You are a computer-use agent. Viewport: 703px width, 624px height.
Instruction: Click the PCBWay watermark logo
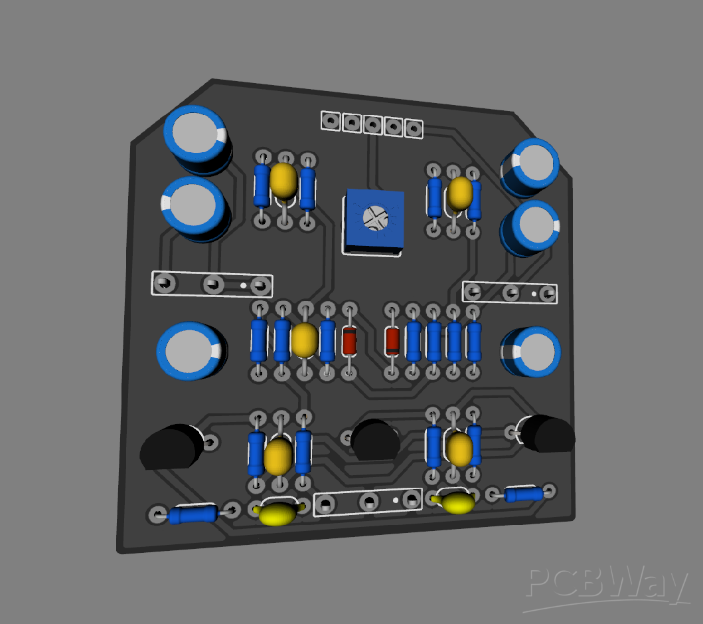(606, 587)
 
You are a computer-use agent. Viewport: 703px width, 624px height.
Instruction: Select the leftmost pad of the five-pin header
(330, 120)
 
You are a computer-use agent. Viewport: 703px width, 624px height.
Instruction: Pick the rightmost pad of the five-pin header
(414, 128)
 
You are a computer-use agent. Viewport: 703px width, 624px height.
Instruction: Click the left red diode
(349, 341)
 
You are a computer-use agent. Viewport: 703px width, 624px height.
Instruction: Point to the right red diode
(392, 341)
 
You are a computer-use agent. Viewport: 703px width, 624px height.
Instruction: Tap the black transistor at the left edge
(170, 447)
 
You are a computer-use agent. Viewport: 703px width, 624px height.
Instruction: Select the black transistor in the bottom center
(375, 439)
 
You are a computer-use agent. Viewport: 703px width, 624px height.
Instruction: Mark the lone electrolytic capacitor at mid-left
(190, 352)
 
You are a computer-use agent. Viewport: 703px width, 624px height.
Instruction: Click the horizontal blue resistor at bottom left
(193, 514)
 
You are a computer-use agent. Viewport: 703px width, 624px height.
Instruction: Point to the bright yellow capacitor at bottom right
(457, 503)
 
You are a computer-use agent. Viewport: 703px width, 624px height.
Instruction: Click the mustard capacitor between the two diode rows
(304, 340)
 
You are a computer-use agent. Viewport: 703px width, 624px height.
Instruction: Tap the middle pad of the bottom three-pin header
(368, 501)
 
